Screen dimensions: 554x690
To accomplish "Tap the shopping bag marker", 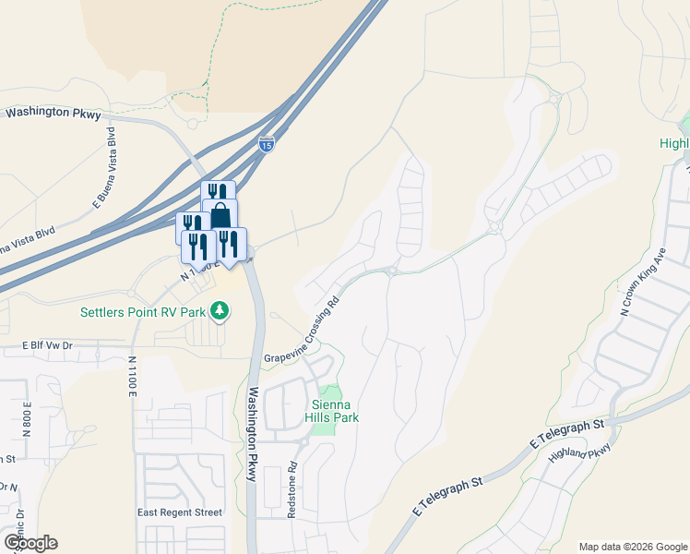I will click(x=220, y=215).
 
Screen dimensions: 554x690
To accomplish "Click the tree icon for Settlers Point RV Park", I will click(x=219, y=311).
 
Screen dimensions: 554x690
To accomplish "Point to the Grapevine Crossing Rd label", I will click(x=302, y=330).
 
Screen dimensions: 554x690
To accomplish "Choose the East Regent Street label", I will click(x=180, y=512).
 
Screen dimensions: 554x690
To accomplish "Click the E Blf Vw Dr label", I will click(x=47, y=344).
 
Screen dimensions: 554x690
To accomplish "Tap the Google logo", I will click(x=30, y=543).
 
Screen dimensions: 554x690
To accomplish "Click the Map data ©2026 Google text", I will click(x=633, y=547).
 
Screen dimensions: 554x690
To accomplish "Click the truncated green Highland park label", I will click(x=674, y=143).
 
